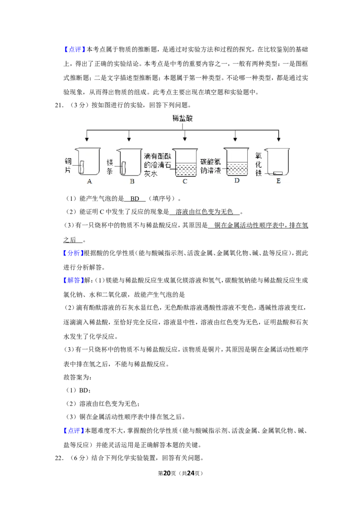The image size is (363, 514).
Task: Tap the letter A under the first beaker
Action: [x=89, y=181]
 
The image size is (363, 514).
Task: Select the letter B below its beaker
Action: [x=132, y=181]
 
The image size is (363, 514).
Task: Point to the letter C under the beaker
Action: [x=185, y=181]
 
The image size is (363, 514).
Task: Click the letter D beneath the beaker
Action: [x=236, y=181]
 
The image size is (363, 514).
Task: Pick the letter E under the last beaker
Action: [x=278, y=181]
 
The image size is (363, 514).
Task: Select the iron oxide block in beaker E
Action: [x=278, y=173]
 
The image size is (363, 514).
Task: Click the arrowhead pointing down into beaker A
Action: [x=87, y=139]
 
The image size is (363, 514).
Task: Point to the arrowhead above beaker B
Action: [x=129, y=139]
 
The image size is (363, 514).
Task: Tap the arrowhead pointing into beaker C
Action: [x=185, y=139]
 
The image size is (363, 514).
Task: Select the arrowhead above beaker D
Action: [x=235, y=139]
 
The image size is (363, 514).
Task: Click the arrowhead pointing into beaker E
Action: [x=278, y=139]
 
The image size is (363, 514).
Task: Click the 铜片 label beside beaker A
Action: [x=69, y=165]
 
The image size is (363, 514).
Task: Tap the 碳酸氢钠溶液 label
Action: [x=211, y=165]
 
